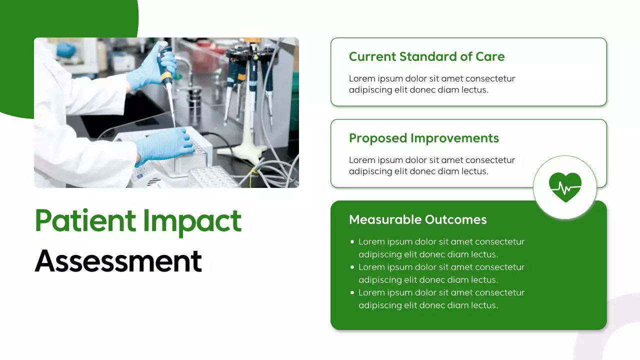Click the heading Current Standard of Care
point(426,56)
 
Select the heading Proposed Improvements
point(423,138)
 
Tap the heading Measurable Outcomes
point(417,219)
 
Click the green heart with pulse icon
point(565,187)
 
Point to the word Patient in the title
point(85,221)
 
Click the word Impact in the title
point(192,221)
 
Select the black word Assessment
point(118,260)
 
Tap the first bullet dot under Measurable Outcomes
point(352,242)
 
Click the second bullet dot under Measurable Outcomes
point(352,267)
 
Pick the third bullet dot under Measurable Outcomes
point(352,293)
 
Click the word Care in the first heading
point(490,56)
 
